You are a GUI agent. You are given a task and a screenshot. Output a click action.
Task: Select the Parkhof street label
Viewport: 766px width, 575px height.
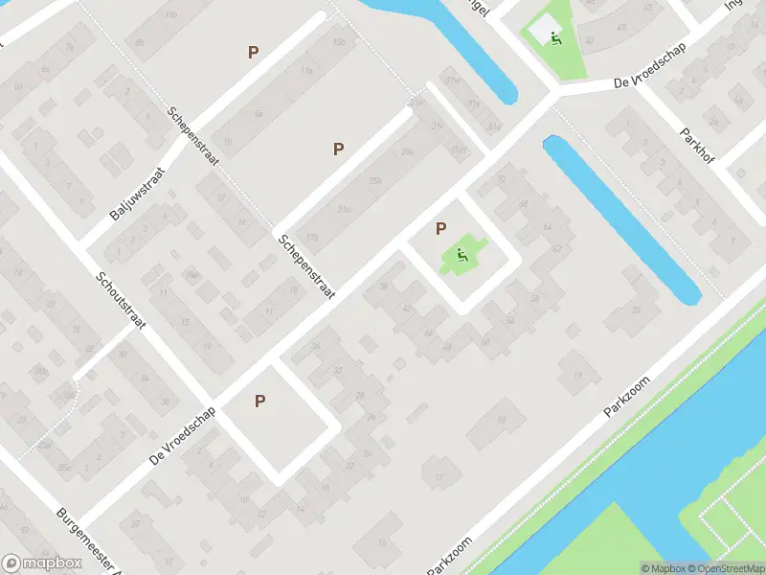(696, 149)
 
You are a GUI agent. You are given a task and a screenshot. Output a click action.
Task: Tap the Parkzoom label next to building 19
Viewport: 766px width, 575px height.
(627, 395)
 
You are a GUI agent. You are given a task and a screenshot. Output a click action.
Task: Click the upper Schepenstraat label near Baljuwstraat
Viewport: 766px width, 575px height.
(192, 135)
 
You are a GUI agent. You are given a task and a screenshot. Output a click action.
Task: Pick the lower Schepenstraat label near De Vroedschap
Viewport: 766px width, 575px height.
(306, 267)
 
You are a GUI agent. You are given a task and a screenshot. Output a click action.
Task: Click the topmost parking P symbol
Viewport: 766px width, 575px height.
(253, 53)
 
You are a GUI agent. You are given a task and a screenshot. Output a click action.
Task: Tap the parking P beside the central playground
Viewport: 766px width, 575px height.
(440, 228)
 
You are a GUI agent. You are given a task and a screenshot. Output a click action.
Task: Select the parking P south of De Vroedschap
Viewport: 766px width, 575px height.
(259, 402)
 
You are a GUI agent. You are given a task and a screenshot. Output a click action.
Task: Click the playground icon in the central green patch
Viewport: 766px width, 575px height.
(462, 255)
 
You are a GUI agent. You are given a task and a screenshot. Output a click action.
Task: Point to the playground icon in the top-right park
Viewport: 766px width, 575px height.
(555, 37)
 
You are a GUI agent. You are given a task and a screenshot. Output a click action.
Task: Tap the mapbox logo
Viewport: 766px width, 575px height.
(40, 563)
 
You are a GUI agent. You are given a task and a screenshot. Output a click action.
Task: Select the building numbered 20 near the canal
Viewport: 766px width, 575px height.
(637, 309)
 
